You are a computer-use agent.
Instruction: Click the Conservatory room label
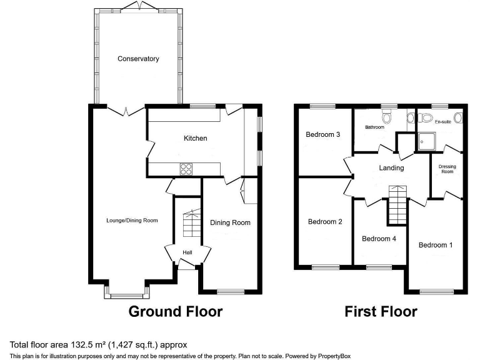coord(138,59)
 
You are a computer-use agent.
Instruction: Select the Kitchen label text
coord(195,138)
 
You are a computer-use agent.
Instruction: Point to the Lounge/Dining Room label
coord(132,220)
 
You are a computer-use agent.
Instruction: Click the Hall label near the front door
coord(187,252)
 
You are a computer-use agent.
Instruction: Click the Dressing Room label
coord(446,169)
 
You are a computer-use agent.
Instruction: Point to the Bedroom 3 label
coord(322,134)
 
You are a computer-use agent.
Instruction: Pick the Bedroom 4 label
coord(379,238)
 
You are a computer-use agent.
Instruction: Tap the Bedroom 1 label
coord(436,244)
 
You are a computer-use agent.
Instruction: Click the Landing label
coord(391,167)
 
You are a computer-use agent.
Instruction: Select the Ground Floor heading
coord(175,311)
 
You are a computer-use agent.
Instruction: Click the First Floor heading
coord(381,311)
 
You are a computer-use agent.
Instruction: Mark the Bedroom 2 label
coord(325,221)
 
